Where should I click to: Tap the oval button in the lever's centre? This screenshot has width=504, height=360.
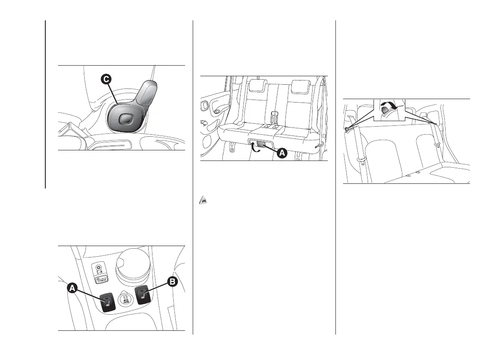point(126,119)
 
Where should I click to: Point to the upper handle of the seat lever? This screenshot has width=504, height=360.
point(148,91)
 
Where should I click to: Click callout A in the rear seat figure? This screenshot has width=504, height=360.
point(282,153)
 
